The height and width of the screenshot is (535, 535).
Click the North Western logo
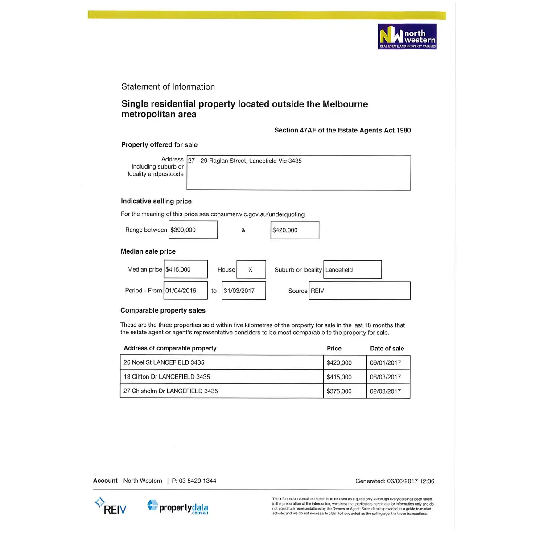407,37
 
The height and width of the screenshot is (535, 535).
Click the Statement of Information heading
168,87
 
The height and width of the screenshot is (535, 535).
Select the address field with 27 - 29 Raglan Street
298,173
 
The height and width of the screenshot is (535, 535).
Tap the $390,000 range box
193,230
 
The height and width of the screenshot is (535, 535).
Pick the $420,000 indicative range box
295,230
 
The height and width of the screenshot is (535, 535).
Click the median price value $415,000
185,269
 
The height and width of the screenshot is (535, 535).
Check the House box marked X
251,269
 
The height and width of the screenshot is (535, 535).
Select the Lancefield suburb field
352,270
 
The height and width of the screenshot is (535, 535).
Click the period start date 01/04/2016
185,291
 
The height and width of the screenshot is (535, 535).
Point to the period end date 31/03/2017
243,291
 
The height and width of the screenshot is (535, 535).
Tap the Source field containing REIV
359,291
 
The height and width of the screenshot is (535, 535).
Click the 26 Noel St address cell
222,362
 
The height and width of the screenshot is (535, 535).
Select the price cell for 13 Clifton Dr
345,377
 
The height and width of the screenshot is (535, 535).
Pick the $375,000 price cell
345,391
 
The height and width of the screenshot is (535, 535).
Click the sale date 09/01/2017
388,362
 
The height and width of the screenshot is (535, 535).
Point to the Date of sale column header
387,349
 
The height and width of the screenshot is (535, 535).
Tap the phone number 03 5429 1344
197,481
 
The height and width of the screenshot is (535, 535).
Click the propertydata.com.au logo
177,507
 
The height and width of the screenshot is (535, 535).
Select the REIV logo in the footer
111,506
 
